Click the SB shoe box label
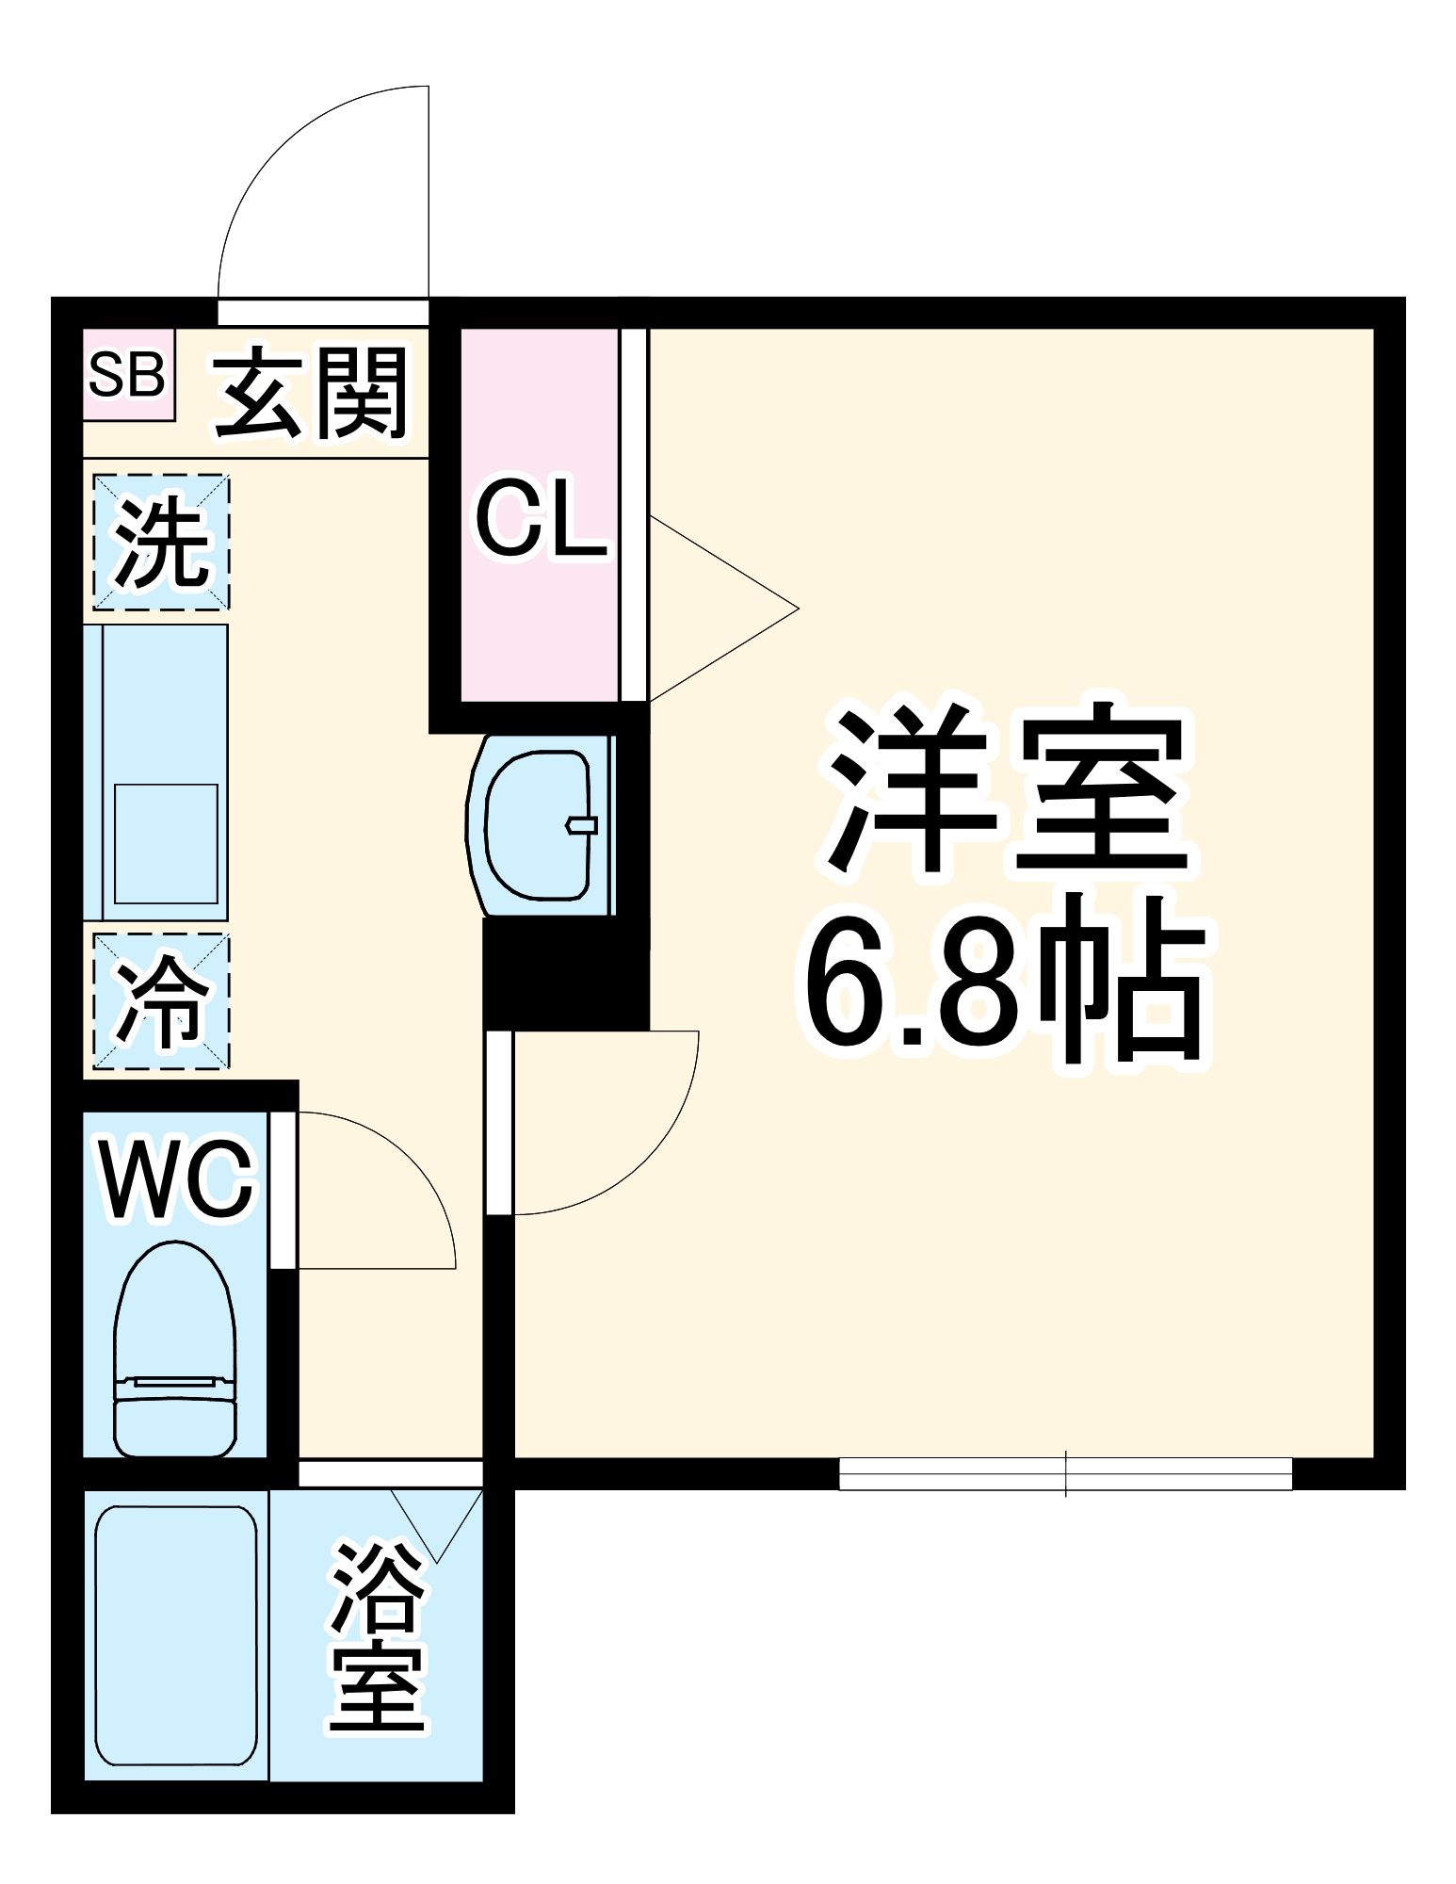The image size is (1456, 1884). point(127,374)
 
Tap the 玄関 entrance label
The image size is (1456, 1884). point(313,393)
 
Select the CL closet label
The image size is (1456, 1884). point(540,520)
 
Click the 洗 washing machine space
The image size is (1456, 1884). point(161,543)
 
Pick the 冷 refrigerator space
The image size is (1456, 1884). point(161,1001)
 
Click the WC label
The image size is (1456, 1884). point(176,1179)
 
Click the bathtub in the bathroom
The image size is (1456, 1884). point(176,1636)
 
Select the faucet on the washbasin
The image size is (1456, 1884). point(581,826)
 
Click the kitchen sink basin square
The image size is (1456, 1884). point(166,844)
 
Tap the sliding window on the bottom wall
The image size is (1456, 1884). point(1065,1473)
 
